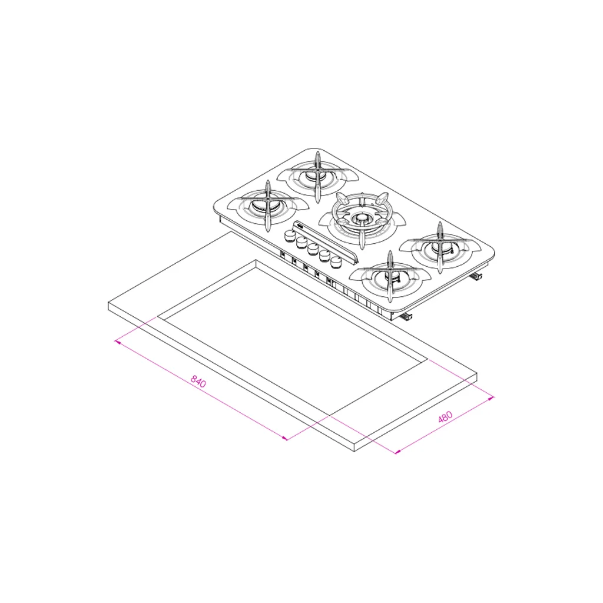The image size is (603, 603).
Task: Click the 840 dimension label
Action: click(198, 382)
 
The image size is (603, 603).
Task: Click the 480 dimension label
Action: click(445, 417)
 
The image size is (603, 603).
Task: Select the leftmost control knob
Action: click(290, 236)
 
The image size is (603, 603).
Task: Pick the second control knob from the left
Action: click(301, 242)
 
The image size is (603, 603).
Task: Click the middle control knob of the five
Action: click(313, 249)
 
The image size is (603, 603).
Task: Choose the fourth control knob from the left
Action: click(324, 256)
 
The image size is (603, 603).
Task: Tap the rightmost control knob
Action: click(336, 262)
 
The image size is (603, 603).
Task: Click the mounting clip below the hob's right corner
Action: click(477, 276)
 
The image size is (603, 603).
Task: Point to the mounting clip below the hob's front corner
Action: click(406, 316)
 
